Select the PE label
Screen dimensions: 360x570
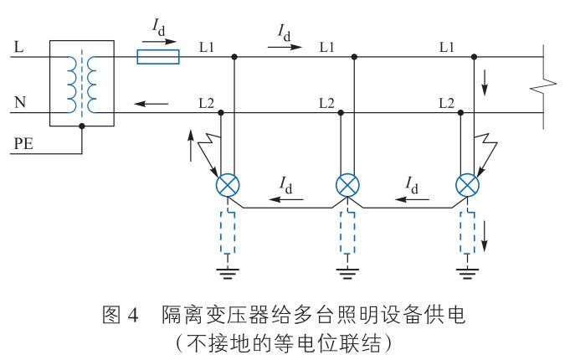click(x=23, y=146)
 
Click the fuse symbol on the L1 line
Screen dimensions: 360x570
click(x=158, y=58)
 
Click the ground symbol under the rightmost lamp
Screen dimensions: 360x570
click(x=466, y=269)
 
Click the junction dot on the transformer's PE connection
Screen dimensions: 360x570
click(x=82, y=126)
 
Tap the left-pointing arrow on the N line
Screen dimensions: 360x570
click(x=157, y=105)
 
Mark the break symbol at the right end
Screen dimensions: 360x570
click(x=546, y=84)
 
